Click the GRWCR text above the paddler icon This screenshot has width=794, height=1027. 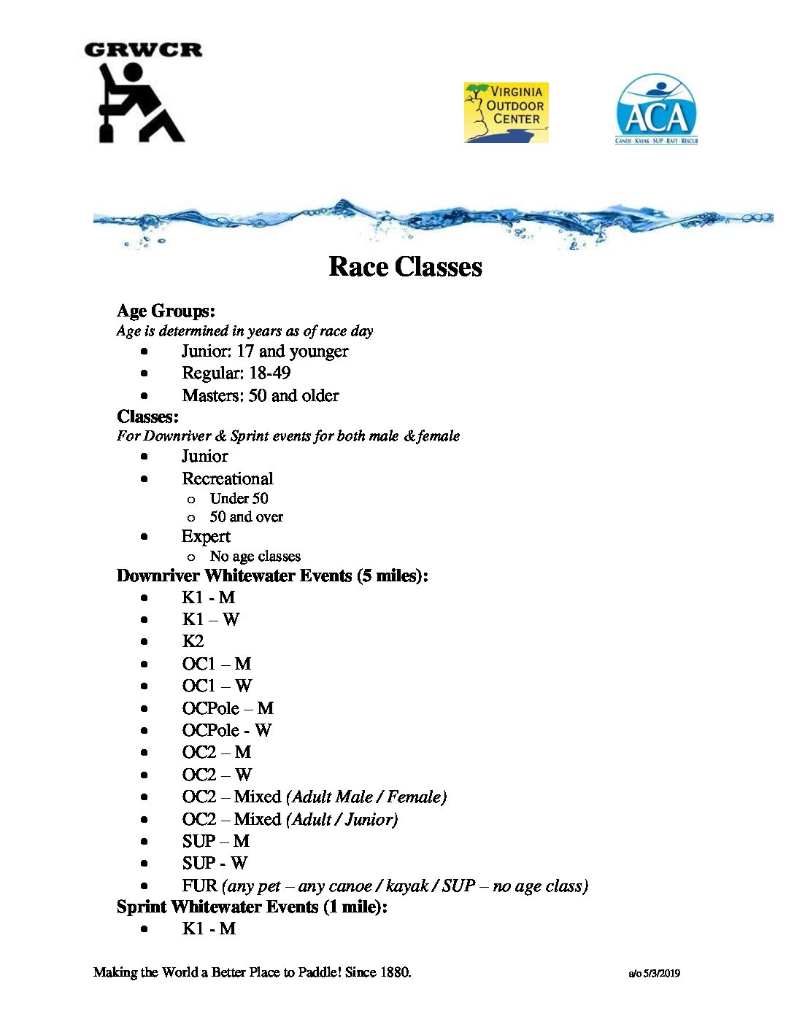pos(143,50)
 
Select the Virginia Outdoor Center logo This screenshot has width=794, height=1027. pos(506,112)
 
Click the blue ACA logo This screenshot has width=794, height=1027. pos(656,109)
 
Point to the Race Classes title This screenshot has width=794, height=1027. pos(405,267)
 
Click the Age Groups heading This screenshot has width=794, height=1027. pos(166,311)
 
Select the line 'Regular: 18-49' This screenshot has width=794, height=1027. pos(236,373)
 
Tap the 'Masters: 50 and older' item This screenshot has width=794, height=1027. pos(261,396)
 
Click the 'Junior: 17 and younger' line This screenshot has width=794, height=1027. pos(265,352)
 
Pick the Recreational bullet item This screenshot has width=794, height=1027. pos(227,479)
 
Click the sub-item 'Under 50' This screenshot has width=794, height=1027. pos(239,499)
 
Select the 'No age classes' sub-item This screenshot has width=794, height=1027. pos(255,557)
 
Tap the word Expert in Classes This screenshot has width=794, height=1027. pos(206,537)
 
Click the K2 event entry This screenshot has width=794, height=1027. pos(193,642)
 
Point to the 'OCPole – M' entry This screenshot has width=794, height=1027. pos(228,709)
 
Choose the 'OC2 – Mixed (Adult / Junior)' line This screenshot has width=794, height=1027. pos(290,820)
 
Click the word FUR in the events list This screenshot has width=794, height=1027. pos(199,886)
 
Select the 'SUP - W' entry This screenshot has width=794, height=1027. pos(215,864)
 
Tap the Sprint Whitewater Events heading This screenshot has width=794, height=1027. pos(252,907)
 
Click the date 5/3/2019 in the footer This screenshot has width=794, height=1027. pos(661,974)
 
